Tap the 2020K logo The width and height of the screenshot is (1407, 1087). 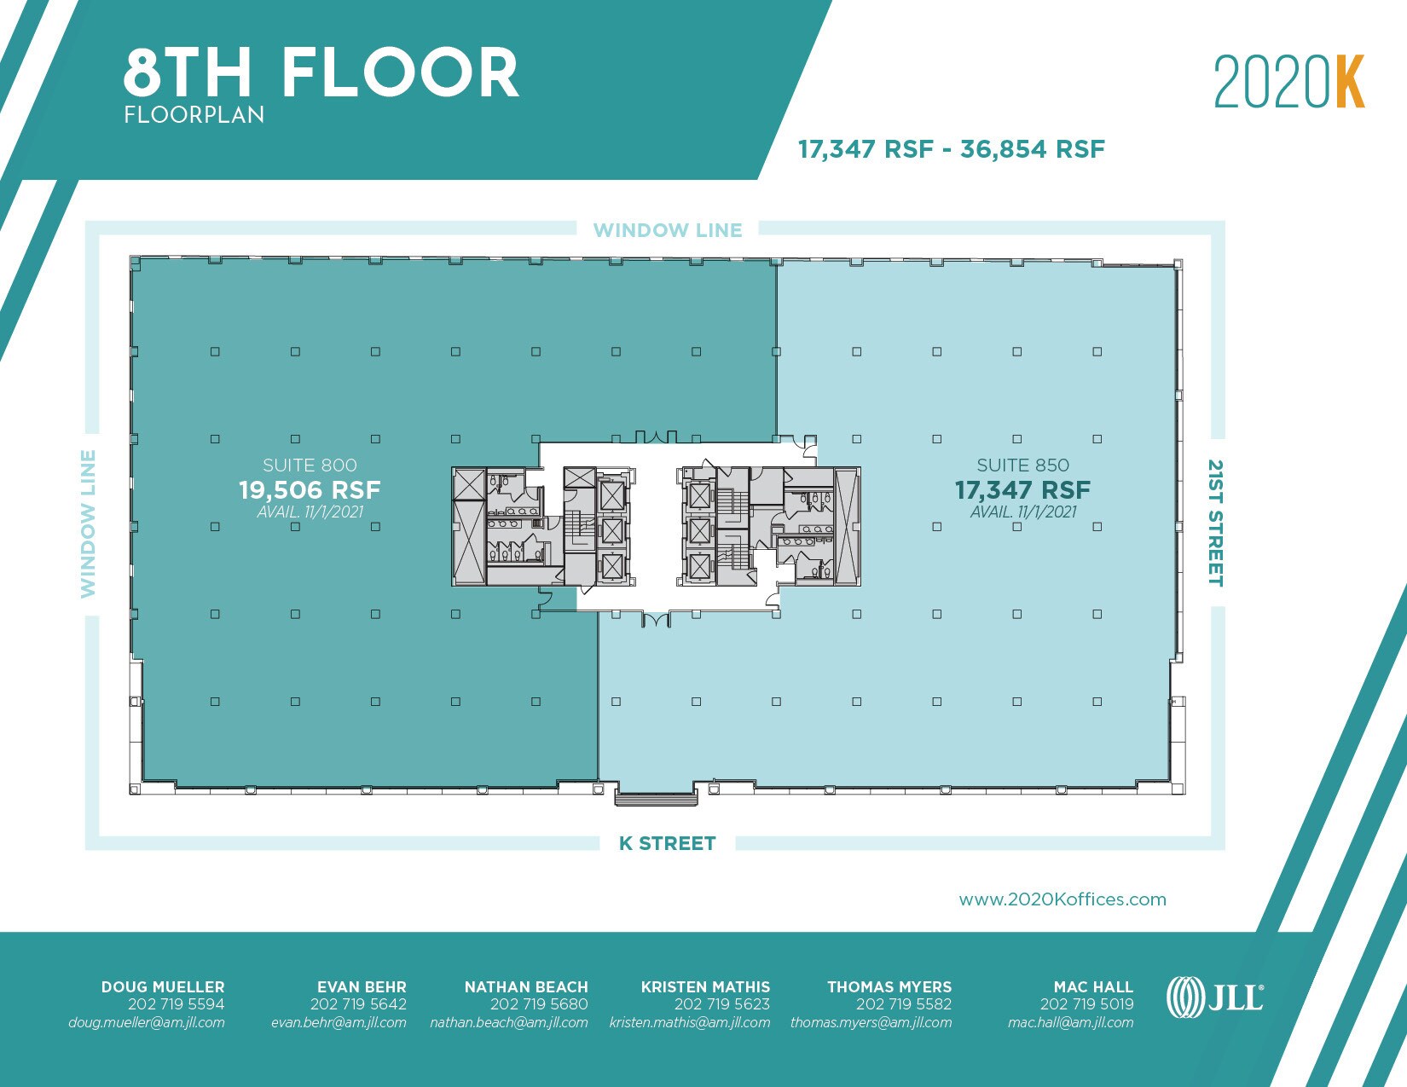point(1288,82)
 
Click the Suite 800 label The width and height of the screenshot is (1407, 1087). point(310,465)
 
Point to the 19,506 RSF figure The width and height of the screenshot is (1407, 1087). point(310,490)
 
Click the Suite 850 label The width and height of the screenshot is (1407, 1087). point(1022,465)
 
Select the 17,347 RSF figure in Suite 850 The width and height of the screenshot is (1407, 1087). point(1022,490)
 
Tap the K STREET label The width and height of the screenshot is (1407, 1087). point(667,843)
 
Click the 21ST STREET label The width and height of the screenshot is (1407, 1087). point(1216,523)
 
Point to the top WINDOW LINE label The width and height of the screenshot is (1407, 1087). point(668,230)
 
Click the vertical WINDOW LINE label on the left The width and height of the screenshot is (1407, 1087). point(89,523)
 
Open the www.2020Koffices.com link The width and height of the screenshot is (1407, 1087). point(1062,899)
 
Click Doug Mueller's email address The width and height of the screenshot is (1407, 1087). point(147,1022)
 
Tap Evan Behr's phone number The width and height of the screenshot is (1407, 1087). point(358,1004)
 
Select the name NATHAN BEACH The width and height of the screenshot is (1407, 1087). point(526,986)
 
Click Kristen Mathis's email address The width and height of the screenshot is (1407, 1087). point(689,1022)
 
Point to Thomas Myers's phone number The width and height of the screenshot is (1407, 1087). point(903,1004)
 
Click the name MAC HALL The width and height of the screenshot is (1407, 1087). point(1093,986)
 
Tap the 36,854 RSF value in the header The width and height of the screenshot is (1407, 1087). point(1033,149)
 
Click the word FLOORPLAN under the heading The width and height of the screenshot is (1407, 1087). point(194,115)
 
